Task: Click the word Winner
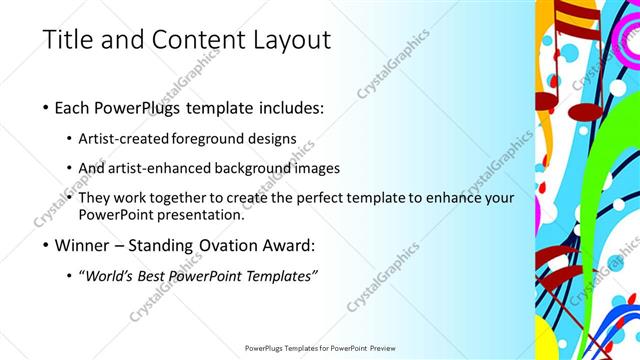pyautogui.click(x=89, y=244)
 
